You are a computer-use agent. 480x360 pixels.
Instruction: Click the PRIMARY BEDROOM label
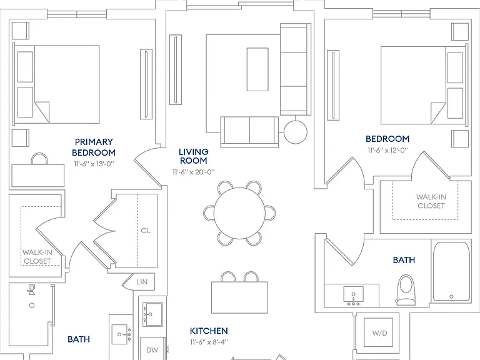click(x=94, y=147)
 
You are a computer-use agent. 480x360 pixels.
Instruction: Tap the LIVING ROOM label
click(x=194, y=156)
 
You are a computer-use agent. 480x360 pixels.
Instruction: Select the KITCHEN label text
click(x=209, y=331)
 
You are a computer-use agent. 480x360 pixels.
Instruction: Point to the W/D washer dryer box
click(x=379, y=333)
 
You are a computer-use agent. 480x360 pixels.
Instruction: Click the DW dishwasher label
click(x=152, y=350)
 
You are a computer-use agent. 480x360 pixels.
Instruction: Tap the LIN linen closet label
click(x=142, y=282)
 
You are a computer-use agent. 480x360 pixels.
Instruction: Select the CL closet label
click(x=146, y=231)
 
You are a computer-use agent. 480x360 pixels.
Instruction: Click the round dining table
click(x=239, y=213)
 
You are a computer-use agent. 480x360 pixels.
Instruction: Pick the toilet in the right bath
click(x=406, y=289)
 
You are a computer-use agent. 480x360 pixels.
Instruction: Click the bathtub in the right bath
click(x=451, y=271)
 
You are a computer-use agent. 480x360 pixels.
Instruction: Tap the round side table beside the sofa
click(x=296, y=132)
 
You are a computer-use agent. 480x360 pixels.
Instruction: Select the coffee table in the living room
click(x=257, y=69)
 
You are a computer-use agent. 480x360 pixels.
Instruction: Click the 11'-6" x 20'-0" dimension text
click(x=194, y=172)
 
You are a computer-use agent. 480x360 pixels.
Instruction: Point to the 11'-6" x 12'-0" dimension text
click(x=388, y=150)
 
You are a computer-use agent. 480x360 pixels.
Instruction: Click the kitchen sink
click(x=152, y=314)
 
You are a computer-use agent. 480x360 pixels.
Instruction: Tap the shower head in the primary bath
click(x=31, y=289)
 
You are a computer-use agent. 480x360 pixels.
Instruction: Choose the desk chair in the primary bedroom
click(x=39, y=159)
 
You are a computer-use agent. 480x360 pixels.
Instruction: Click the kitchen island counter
click(x=240, y=297)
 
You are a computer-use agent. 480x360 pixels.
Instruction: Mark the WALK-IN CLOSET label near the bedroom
click(x=431, y=201)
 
